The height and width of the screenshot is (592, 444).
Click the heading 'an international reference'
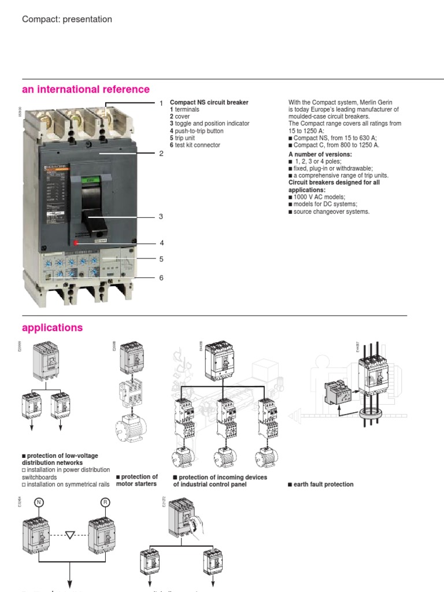(86, 89)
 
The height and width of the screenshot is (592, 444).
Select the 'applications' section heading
(52, 328)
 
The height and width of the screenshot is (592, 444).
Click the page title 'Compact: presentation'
(66, 19)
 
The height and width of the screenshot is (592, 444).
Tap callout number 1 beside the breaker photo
(161, 103)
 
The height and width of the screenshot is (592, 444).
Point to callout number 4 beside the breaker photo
(162, 243)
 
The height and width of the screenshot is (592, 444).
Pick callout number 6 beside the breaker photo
(162, 278)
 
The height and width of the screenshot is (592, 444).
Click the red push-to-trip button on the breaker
(75, 243)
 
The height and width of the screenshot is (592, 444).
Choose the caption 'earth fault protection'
(322, 484)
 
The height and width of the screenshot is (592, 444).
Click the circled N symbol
(39, 502)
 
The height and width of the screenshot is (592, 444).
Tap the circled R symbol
(105, 502)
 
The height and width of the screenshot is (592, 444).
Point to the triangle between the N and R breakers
(70, 535)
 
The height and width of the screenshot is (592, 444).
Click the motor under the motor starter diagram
(132, 425)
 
